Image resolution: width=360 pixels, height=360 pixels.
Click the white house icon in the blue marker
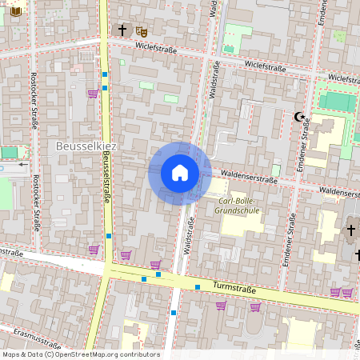pos(180,173)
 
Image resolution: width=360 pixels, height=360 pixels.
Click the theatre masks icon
pos(142,30)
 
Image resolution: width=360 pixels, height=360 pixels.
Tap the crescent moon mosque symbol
pos(301,118)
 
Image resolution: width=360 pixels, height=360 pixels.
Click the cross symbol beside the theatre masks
pos(122,30)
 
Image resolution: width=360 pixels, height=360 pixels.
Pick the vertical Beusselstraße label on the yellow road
pos(106,179)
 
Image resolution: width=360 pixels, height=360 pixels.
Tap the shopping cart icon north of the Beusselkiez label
pos(92,94)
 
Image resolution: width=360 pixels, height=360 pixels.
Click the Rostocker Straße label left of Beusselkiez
pos(34,102)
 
